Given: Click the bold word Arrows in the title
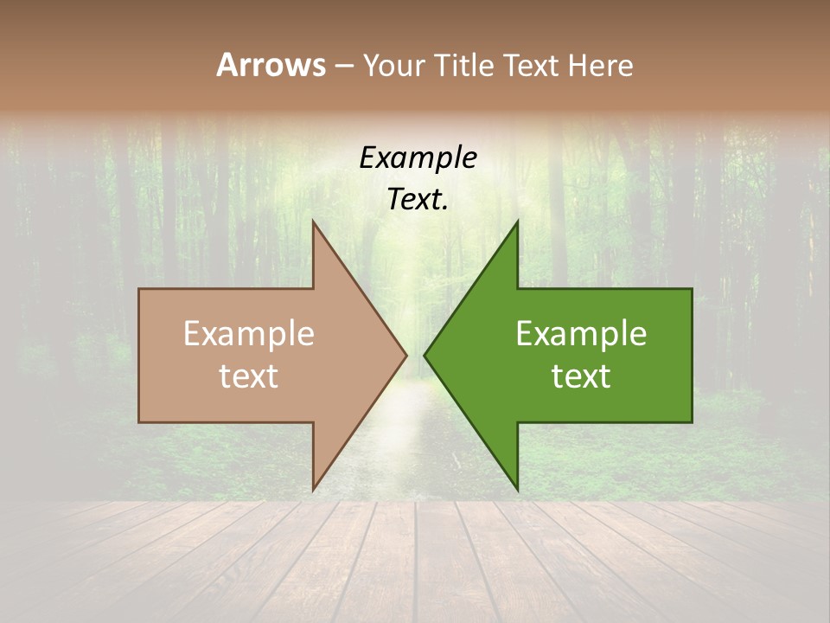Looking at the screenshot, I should pyautogui.click(x=271, y=65).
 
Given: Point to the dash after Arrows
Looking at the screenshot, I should pyautogui.click(x=343, y=66).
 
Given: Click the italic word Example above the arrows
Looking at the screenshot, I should pyautogui.click(x=418, y=157).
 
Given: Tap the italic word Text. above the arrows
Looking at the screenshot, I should pyautogui.click(x=418, y=199).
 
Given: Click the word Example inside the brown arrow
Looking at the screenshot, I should pyautogui.click(x=249, y=333).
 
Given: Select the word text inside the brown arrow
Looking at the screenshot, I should pyautogui.click(x=249, y=376).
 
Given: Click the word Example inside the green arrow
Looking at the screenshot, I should pyautogui.click(x=581, y=333).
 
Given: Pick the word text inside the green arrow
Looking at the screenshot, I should pyautogui.click(x=581, y=376).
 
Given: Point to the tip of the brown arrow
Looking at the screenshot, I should pyautogui.click(x=405, y=355).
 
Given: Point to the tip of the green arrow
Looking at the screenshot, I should pyautogui.click(x=426, y=355).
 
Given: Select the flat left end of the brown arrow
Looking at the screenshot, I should pyautogui.click(x=140, y=355).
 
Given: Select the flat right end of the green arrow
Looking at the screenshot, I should pyautogui.click(x=691, y=355).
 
